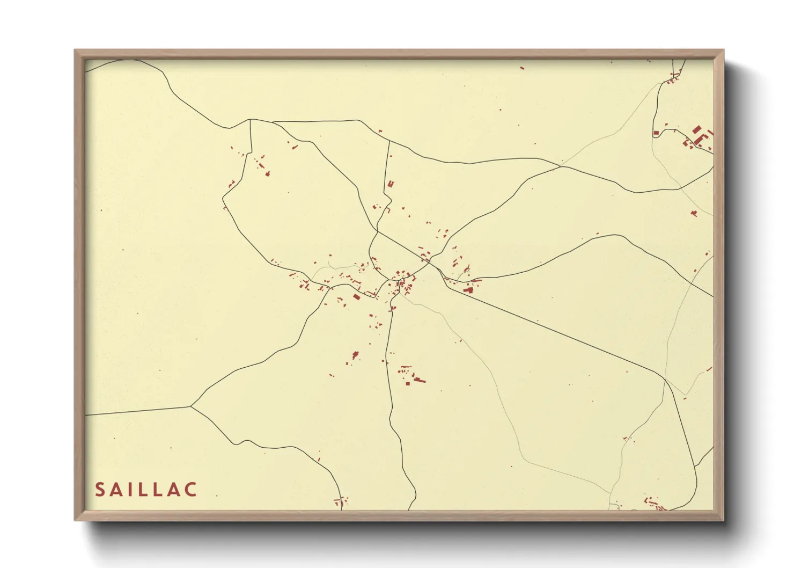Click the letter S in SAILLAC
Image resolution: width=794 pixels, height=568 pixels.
tap(100, 490)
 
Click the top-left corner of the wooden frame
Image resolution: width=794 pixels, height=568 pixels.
tap(75, 50)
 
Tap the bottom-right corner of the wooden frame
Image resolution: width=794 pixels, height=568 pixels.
tap(723, 520)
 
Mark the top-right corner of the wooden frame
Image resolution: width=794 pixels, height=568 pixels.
tap(723, 50)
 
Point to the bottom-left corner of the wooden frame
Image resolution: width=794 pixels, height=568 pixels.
tap(75, 520)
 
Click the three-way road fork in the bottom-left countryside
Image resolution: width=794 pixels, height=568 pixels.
tap(191, 406)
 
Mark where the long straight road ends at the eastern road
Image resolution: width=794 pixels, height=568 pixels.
tap(665, 380)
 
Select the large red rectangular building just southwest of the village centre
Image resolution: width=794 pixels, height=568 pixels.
tap(357, 296)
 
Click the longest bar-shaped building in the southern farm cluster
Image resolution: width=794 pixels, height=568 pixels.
tap(418, 380)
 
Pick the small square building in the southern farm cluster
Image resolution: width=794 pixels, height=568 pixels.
tap(408, 383)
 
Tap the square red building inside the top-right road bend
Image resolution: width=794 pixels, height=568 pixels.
tap(656, 133)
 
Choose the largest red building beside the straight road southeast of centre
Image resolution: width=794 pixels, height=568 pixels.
tap(468, 290)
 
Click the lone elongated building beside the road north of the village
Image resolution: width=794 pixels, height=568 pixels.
tap(391, 184)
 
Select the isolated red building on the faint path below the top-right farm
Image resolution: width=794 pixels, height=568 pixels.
tap(694, 214)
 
